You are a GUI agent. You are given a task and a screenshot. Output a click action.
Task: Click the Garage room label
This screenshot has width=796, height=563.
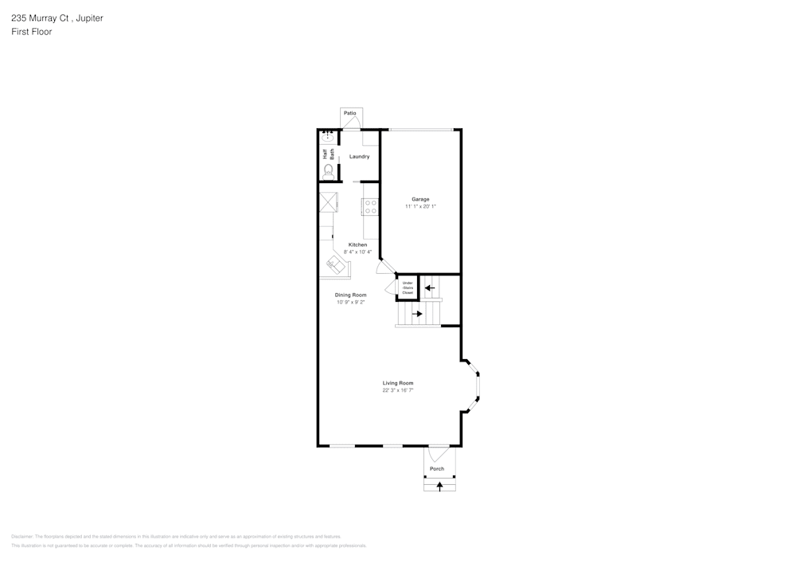(x=420, y=199)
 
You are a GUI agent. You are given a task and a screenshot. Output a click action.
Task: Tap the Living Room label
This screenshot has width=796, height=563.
(x=398, y=383)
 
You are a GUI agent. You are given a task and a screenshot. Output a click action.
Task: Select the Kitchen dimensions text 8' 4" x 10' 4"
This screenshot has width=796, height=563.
(x=357, y=252)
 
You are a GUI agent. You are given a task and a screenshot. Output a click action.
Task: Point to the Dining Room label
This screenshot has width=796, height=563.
(x=350, y=295)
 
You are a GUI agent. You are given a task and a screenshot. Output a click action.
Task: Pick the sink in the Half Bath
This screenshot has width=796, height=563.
(x=327, y=137)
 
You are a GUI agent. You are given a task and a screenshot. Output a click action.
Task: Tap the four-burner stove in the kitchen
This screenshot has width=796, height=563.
(x=370, y=207)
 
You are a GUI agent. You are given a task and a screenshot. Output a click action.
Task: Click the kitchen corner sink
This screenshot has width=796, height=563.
(x=335, y=265)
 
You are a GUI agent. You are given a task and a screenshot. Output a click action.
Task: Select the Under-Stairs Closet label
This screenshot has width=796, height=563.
(x=408, y=287)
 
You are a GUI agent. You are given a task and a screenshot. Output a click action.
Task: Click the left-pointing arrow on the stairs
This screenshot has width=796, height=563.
(x=430, y=287)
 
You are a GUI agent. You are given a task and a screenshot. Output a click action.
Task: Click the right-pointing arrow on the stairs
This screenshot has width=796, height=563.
(x=416, y=314)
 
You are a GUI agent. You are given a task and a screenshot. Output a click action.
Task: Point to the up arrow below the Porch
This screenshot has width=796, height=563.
(x=439, y=485)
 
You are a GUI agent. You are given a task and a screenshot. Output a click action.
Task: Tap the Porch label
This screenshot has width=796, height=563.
(x=437, y=469)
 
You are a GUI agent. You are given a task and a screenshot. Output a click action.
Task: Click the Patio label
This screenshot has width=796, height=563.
(x=350, y=114)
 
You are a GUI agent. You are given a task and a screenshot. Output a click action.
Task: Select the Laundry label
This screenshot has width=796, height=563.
(x=359, y=157)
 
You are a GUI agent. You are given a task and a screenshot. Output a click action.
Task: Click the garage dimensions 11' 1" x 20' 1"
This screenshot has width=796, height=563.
(x=420, y=206)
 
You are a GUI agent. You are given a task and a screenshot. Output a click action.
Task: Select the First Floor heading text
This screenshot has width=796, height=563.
(x=32, y=32)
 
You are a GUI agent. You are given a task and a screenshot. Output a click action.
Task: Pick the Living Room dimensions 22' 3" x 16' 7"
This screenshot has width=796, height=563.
(x=398, y=390)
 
